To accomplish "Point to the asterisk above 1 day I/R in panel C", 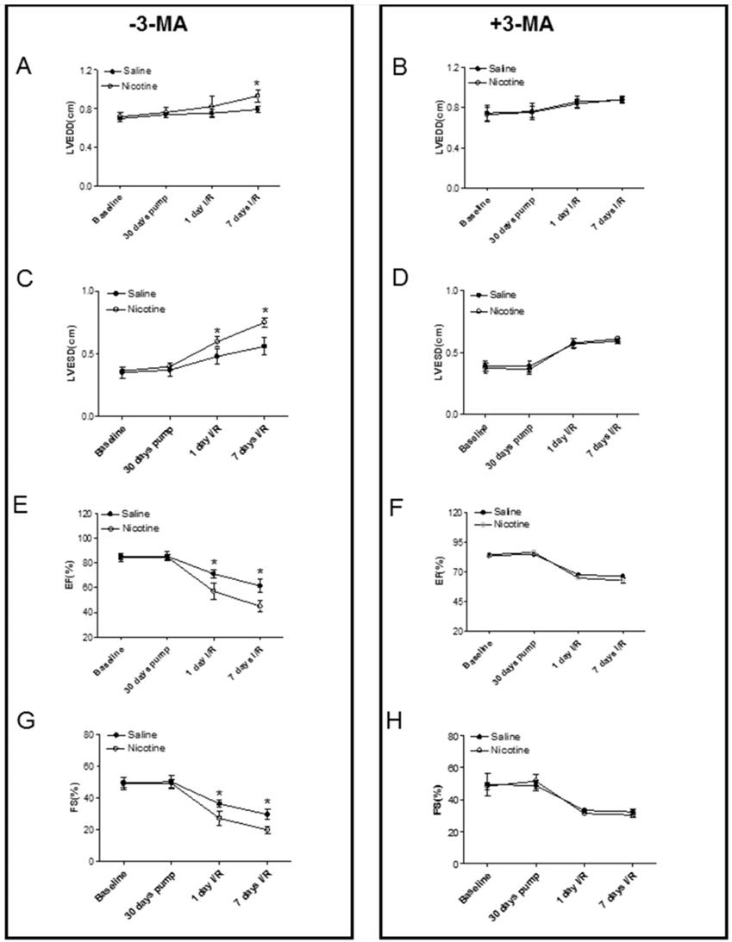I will pos(217,332).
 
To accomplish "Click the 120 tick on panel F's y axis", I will pos(450,512).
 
